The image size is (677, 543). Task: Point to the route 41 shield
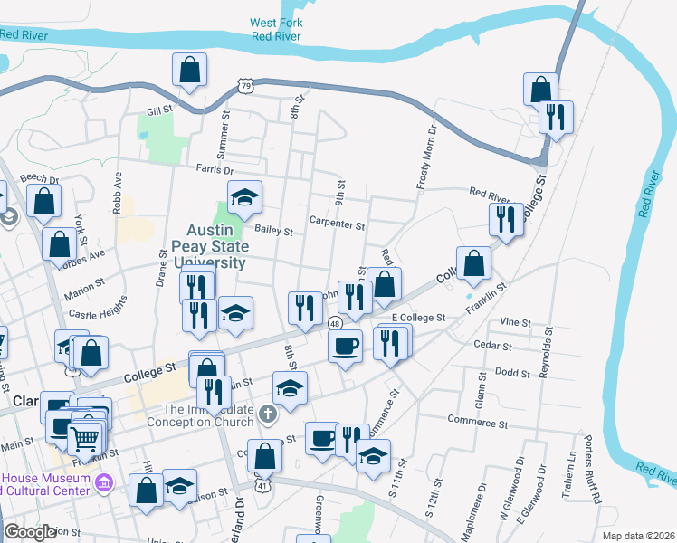click(262, 486)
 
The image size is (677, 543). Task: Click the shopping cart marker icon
click(85, 438)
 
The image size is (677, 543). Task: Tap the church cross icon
click(266, 414)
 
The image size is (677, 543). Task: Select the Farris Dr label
click(215, 169)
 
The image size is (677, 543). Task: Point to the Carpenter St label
click(337, 224)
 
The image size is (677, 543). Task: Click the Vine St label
click(514, 322)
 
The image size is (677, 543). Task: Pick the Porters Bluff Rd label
click(596, 477)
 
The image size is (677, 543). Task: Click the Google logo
click(30, 532)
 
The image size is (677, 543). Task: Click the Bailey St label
click(273, 231)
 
